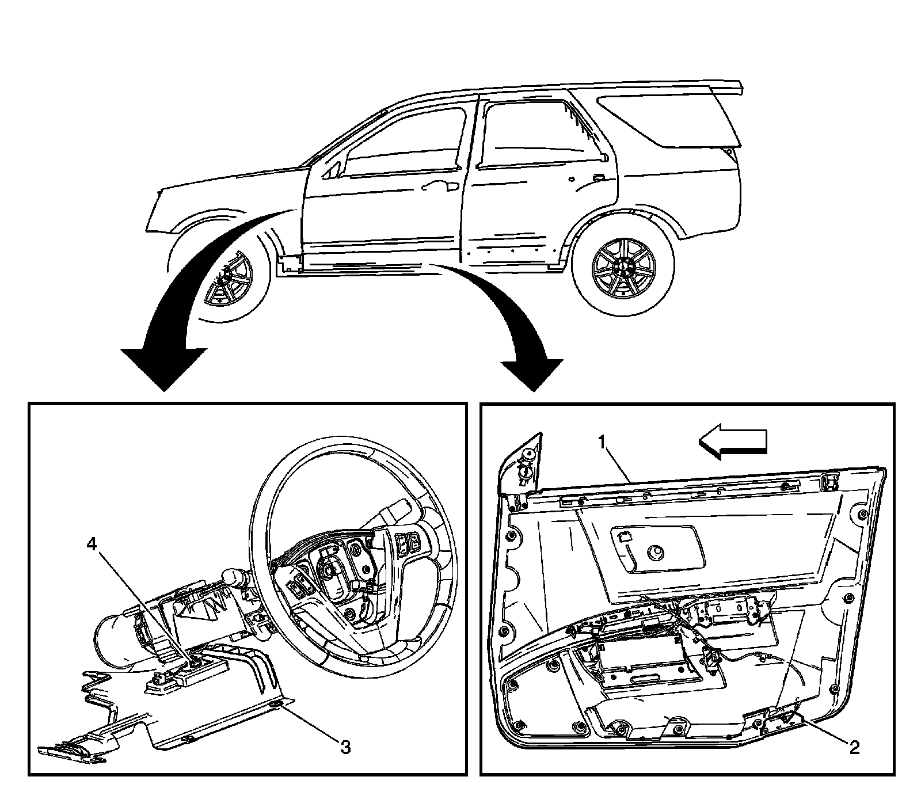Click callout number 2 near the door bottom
click(x=855, y=747)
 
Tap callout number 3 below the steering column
click(x=345, y=747)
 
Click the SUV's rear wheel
click(x=624, y=267)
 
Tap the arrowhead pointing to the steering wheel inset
click(x=164, y=368)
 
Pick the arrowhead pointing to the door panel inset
click(x=532, y=374)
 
